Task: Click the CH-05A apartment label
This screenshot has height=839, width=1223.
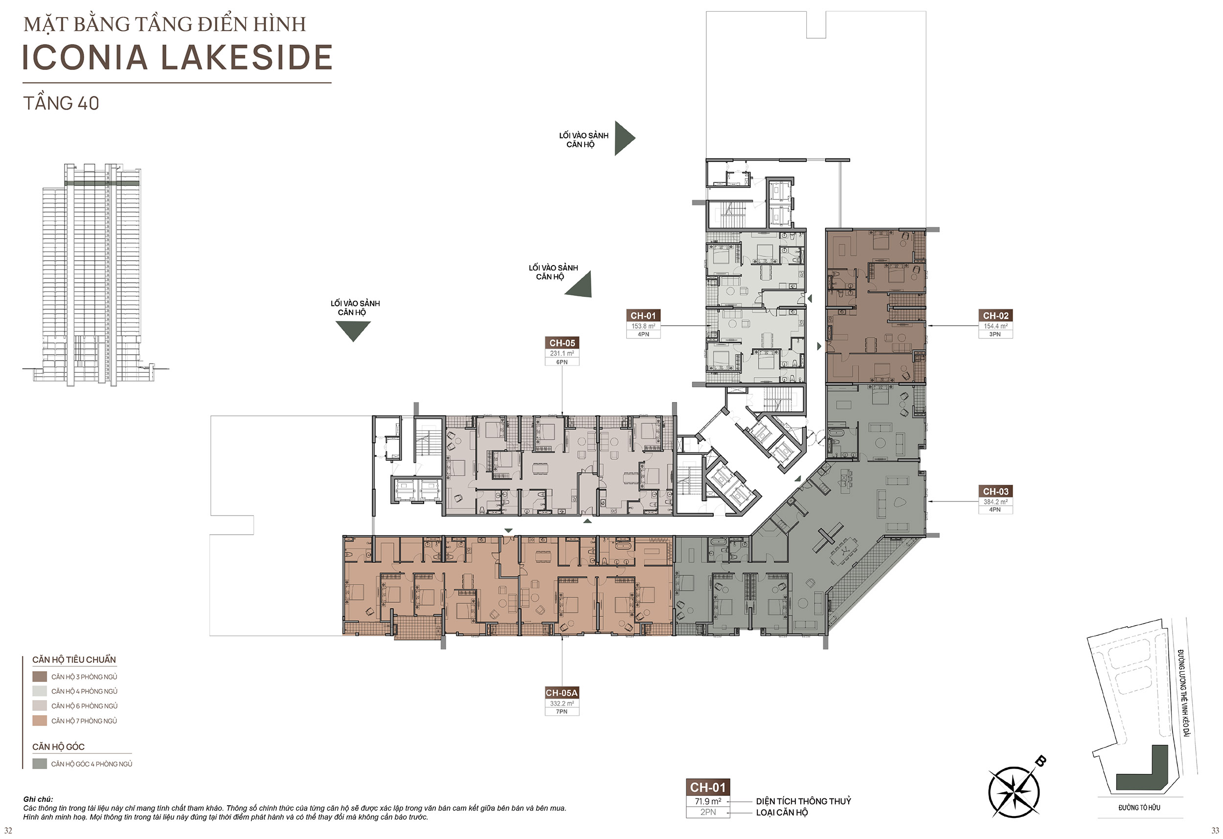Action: tap(562, 693)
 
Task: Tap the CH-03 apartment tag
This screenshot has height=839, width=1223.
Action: tap(996, 491)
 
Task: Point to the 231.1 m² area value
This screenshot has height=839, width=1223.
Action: tap(562, 353)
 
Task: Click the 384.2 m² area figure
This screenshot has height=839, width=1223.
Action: tap(996, 501)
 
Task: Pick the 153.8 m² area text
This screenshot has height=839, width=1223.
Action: tap(643, 326)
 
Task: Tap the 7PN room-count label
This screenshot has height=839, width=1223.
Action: tap(562, 712)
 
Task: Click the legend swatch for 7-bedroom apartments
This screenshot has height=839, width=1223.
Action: tap(40, 721)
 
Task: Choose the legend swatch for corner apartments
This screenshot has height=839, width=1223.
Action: tap(40, 764)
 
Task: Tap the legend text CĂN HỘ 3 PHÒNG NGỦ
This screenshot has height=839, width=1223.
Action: tap(84, 677)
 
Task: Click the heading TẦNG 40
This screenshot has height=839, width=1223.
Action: tap(61, 103)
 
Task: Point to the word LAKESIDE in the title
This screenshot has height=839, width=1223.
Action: tap(246, 57)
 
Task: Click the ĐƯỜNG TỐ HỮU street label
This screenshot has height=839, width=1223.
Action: tap(1139, 807)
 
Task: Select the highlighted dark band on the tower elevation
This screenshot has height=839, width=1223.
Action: tap(103, 183)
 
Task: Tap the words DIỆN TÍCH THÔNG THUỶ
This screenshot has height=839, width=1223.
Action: tap(804, 801)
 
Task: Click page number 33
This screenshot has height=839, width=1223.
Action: tap(1215, 831)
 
